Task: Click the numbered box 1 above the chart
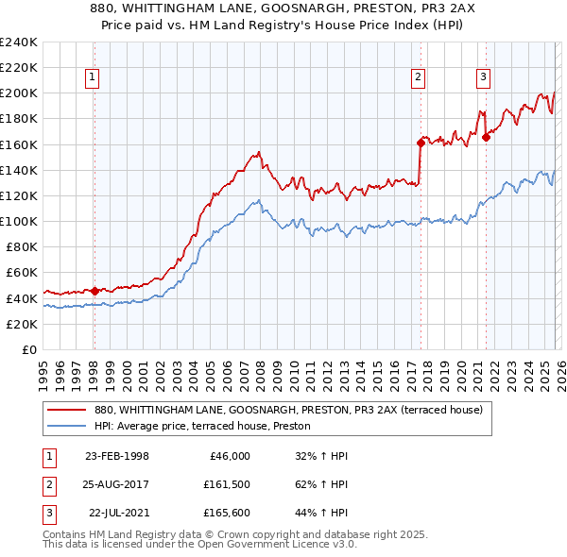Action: point(94,78)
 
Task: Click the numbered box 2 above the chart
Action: point(419,78)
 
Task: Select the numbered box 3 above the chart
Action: point(483,78)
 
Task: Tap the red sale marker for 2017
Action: point(420,143)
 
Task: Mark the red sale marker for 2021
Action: point(486,137)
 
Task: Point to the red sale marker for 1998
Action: point(94,291)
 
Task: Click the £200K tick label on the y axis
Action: point(19,93)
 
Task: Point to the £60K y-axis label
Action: point(22,273)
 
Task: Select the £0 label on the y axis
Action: point(30,349)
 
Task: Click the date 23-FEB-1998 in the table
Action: point(117,456)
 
